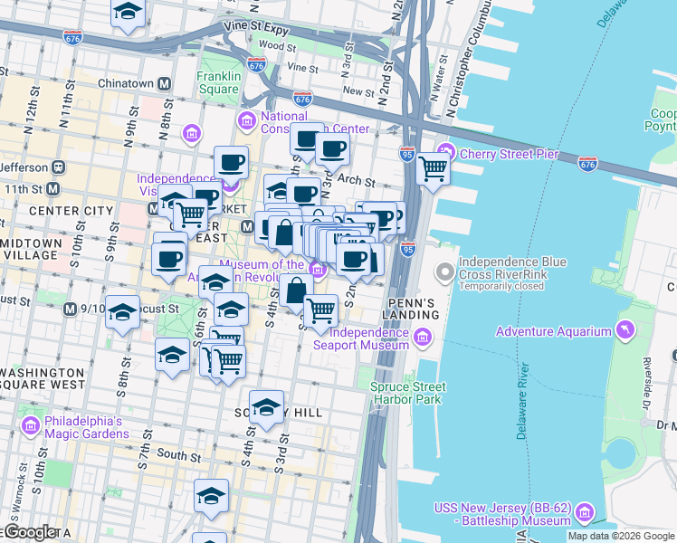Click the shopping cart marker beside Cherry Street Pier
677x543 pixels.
[434, 167]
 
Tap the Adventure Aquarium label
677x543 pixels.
[553, 331]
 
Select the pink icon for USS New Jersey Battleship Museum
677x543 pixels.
[584, 513]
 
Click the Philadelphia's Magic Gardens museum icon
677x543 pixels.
[30, 425]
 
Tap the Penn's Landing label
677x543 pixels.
[413, 308]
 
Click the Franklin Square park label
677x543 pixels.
[218, 83]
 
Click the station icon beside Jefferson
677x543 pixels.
[59, 167]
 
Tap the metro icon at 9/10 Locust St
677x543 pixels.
[70, 310]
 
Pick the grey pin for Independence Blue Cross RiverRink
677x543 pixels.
[444, 271]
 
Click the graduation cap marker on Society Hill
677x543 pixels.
[266, 407]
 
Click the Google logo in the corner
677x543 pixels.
[31, 532]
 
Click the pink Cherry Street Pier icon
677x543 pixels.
[446, 151]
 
